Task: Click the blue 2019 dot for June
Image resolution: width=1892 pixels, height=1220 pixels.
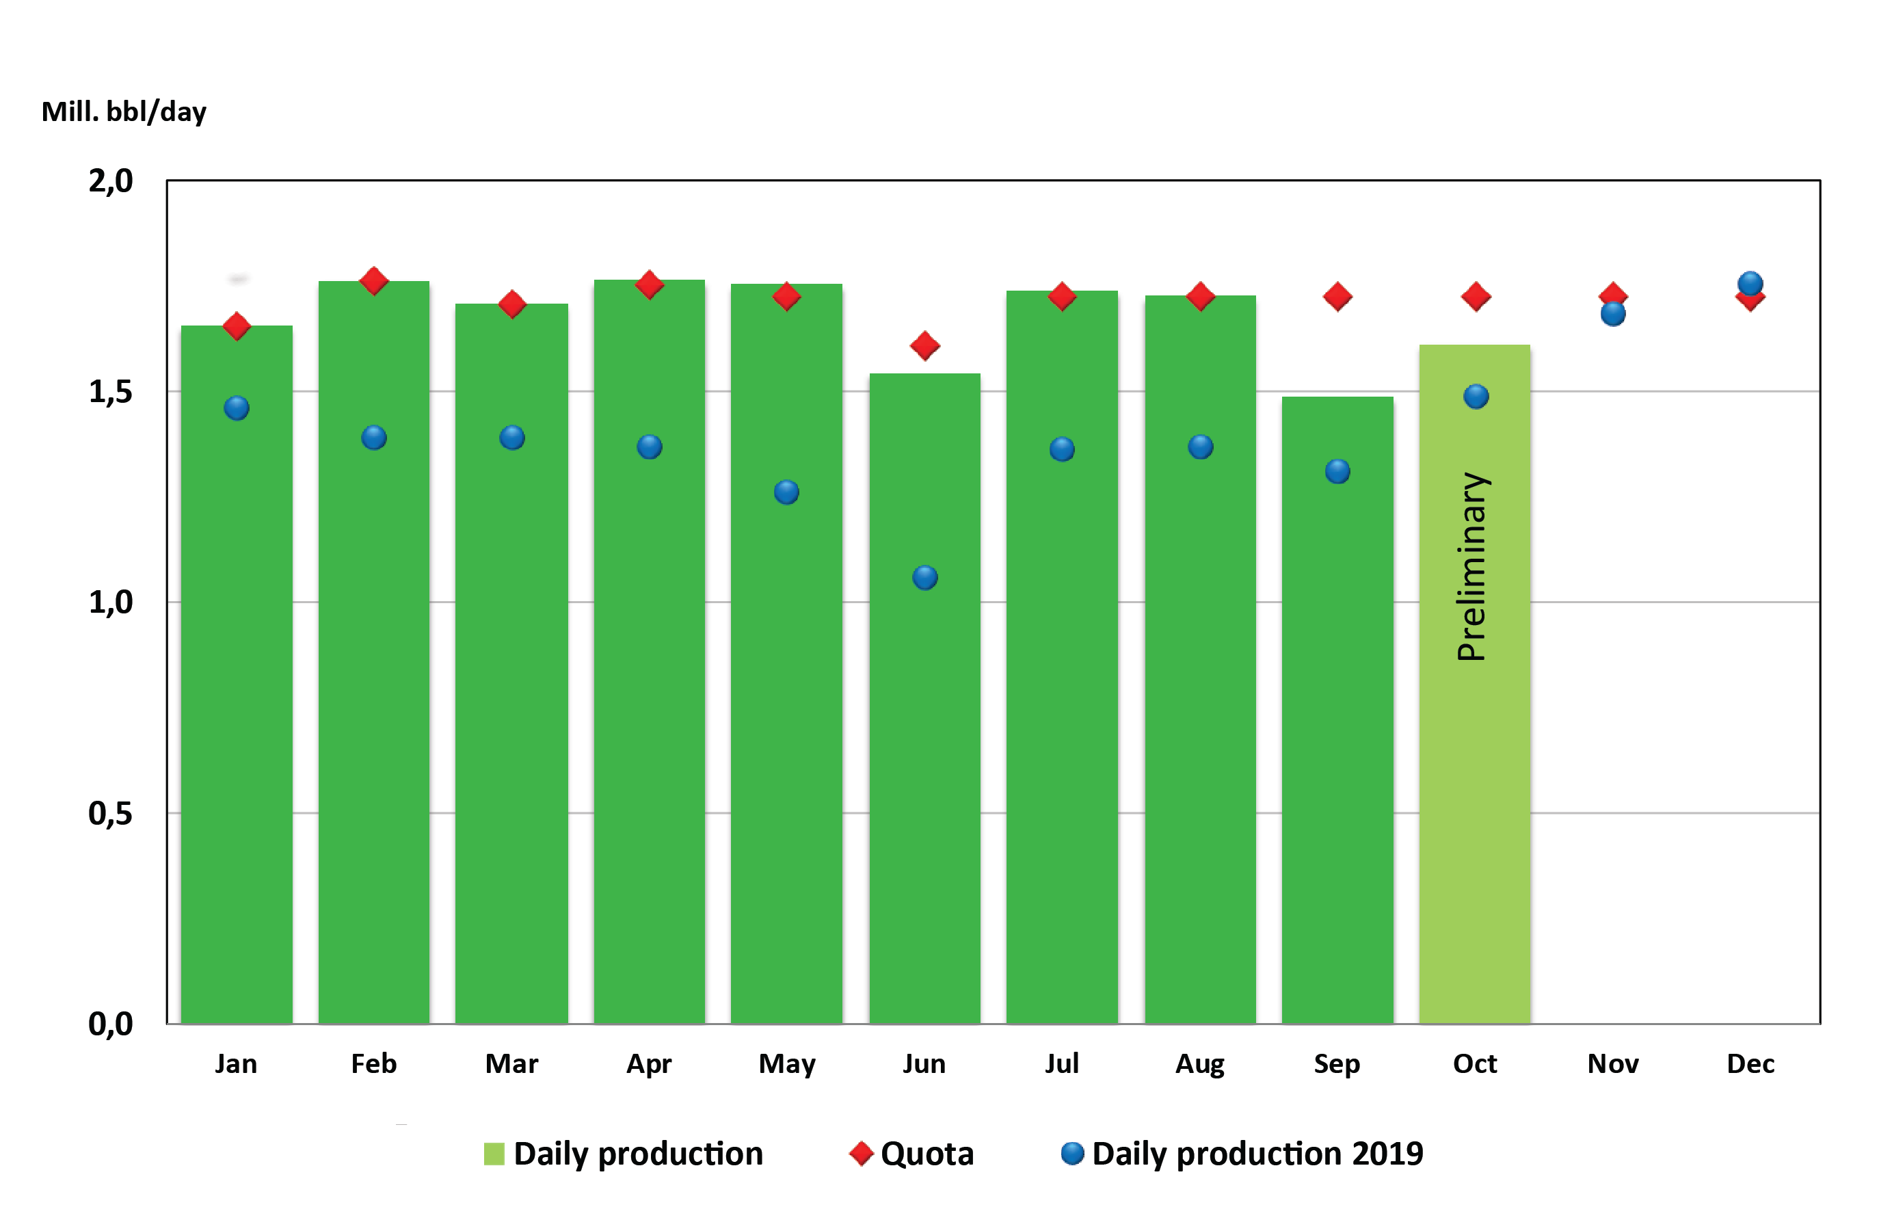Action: coord(924,578)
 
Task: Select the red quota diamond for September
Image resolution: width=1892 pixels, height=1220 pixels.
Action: coord(1337,297)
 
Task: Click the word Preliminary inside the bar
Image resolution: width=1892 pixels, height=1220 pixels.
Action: coord(1472,567)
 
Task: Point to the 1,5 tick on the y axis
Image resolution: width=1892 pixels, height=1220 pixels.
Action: coord(110,392)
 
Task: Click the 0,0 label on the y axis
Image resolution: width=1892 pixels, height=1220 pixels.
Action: coord(110,1024)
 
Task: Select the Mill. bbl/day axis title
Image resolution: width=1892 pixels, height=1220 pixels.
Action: coord(124,111)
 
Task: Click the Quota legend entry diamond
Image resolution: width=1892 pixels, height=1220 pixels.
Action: coord(861,1154)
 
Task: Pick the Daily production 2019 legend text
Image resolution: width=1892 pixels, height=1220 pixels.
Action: coord(1257,1154)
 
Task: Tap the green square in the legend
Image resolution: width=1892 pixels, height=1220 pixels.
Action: coord(494,1154)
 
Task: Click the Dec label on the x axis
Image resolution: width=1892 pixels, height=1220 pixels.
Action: coord(1750,1064)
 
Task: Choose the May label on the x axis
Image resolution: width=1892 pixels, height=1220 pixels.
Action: coord(786,1064)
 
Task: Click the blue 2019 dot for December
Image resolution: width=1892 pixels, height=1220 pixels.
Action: coord(1750,283)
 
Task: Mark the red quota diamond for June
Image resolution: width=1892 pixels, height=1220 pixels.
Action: coord(924,346)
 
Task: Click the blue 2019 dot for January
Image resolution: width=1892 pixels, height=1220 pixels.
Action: coord(236,408)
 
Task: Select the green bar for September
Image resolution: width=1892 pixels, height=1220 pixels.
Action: coord(1337,713)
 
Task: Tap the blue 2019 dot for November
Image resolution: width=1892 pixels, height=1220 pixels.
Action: coord(1612,315)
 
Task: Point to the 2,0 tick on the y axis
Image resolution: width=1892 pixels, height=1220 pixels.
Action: coord(110,181)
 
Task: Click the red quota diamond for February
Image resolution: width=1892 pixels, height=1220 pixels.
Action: coord(374,281)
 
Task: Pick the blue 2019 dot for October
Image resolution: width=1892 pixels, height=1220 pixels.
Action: coord(1476,396)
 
